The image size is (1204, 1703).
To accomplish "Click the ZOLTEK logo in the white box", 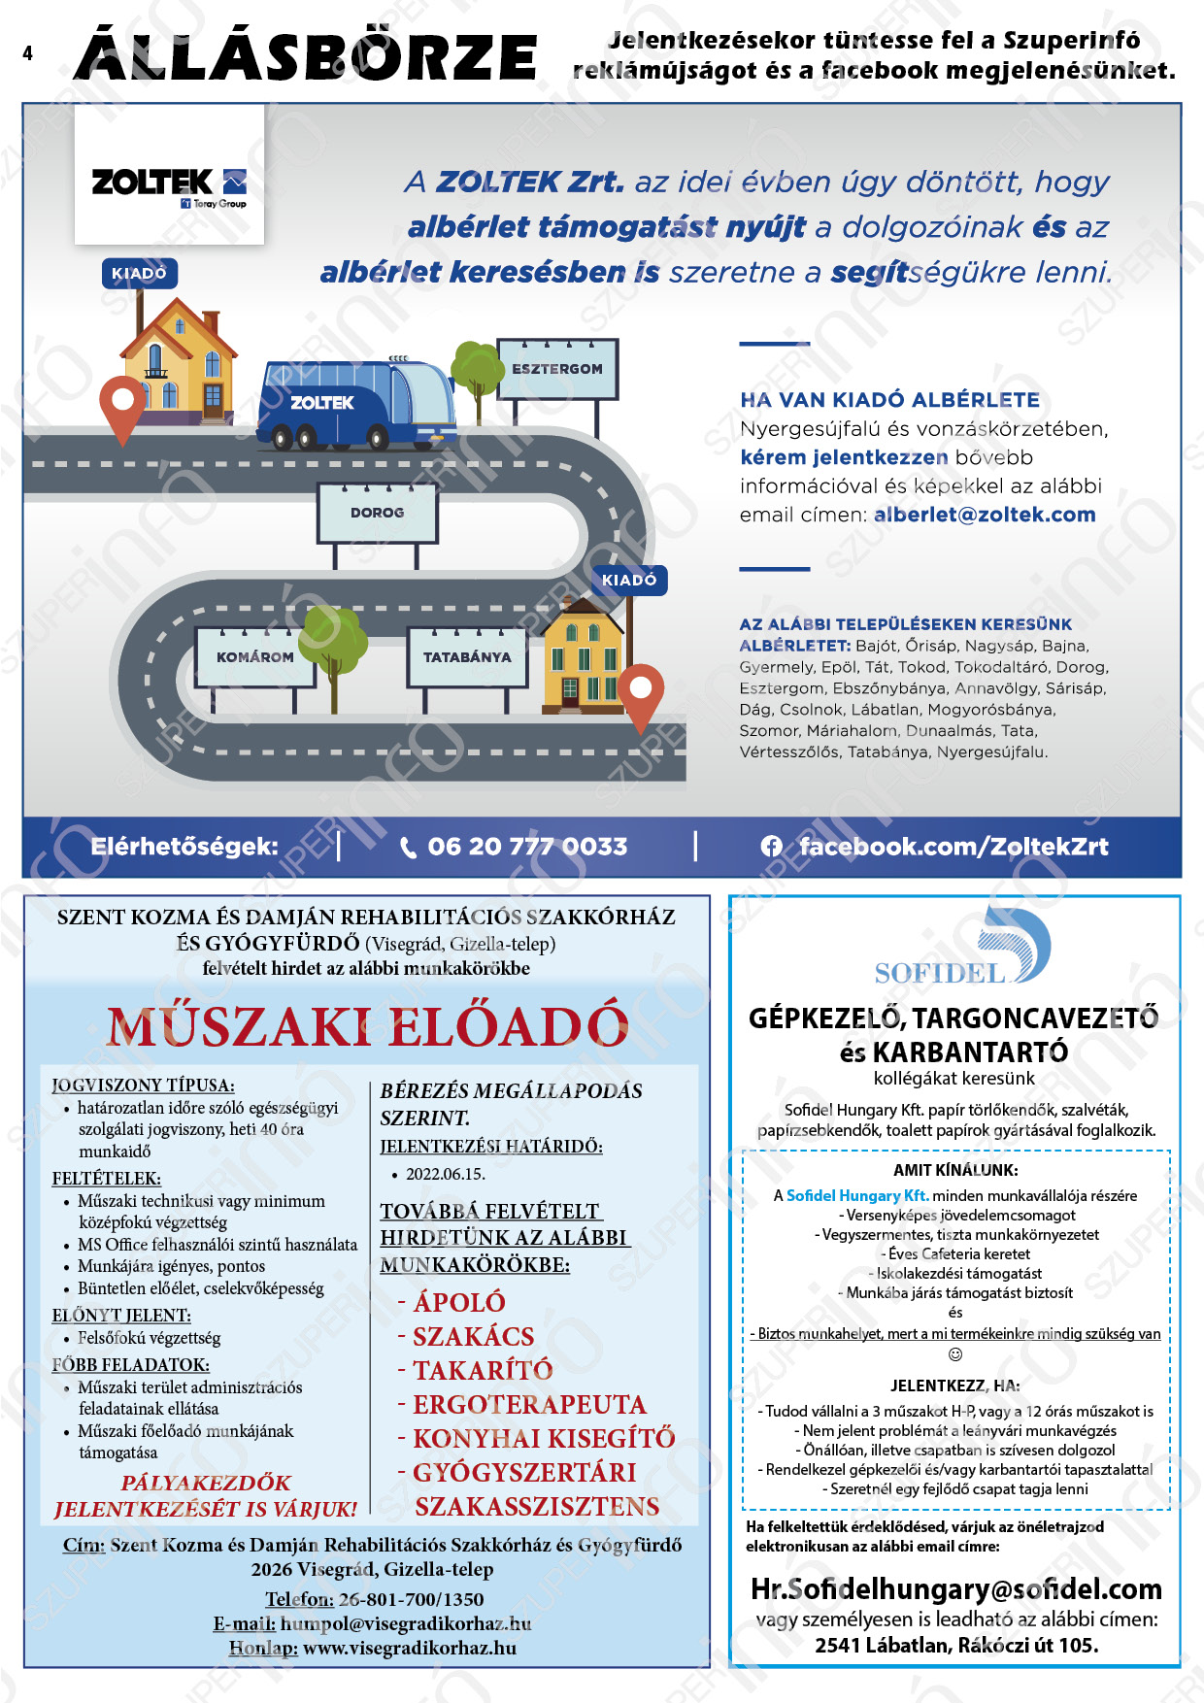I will click(169, 184).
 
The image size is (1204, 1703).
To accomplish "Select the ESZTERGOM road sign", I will click(557, 369).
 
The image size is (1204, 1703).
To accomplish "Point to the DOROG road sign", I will click(378, 513).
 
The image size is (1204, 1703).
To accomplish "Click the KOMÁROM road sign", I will click(254, 657).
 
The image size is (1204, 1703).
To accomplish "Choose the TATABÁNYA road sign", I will click(467, 657).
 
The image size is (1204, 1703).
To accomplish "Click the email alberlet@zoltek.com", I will click(985, 515).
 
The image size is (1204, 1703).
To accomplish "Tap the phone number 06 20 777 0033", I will click(527, 847).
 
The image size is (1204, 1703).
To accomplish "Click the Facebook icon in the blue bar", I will click(772, 847).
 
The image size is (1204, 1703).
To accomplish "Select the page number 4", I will click(27, 53).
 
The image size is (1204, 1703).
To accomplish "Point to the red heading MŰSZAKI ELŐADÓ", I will click(367, 1027).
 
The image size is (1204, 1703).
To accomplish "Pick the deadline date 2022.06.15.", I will click(446, 1174).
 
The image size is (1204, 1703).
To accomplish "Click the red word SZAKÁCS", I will click(473, 1337).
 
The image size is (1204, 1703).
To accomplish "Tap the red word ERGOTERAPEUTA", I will click(529, 1405).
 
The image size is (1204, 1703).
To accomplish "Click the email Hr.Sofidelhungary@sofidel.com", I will click(956, 1589).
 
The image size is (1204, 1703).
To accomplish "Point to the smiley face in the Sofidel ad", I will click(955, 1354).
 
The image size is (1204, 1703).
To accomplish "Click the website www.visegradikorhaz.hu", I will click(410, 1648).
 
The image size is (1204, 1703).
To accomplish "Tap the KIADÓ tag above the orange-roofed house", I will click(139, 274).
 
